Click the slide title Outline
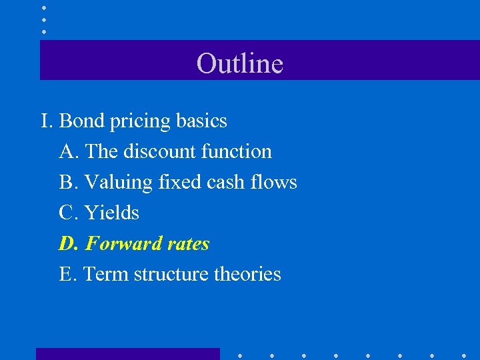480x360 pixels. [x=240, y=63]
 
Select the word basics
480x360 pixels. [x=201, y=121]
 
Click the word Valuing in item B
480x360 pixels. [x=120, y=183]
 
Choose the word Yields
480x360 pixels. [x=112, y=213]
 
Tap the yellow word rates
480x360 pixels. [x=189, y=244]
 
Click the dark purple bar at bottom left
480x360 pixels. [x=127, y=353]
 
